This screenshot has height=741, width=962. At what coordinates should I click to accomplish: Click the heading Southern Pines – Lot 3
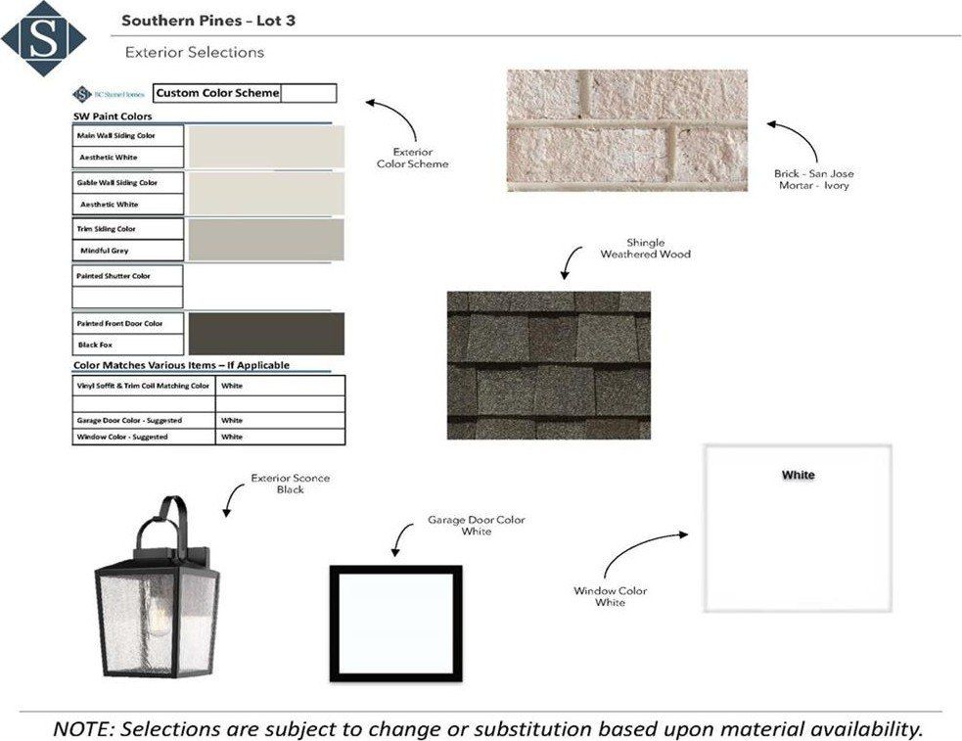[202, 21]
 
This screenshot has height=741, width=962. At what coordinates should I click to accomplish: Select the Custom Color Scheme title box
[216, 93]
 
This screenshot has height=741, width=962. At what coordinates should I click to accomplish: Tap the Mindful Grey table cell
[127, 251]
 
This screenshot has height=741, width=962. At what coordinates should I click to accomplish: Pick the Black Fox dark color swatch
[265, 334]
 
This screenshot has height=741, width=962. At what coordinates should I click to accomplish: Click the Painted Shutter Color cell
[127, 276]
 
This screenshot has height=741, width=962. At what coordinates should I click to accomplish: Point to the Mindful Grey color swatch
[265, 239]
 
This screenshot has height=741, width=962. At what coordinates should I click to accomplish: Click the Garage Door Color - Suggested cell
[143, 420]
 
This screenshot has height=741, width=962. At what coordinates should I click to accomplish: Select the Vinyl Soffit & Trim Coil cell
[143, 386]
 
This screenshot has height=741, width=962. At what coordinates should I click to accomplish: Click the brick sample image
[627, 129]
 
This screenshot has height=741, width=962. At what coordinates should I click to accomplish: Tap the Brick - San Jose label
[813, 173]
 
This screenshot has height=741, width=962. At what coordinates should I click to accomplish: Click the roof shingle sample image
[548, 364]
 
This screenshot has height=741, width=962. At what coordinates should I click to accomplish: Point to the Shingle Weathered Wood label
[645, 249]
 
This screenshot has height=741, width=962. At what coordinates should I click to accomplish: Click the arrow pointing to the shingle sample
[571, 262]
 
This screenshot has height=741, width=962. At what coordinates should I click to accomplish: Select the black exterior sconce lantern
[157, 607]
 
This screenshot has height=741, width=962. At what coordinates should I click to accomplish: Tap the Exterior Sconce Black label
[290, 484]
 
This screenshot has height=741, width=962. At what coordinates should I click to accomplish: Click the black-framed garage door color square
[395, 623]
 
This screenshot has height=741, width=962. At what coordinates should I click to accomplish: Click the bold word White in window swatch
[798, 476]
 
